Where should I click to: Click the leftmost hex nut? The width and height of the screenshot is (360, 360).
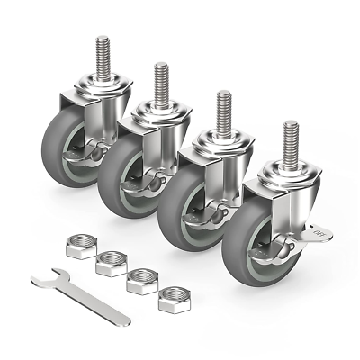(x=81, y=246)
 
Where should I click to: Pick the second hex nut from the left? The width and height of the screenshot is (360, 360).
(x=111, y=263)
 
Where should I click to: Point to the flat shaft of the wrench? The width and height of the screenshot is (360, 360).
(x=85, y=300)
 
